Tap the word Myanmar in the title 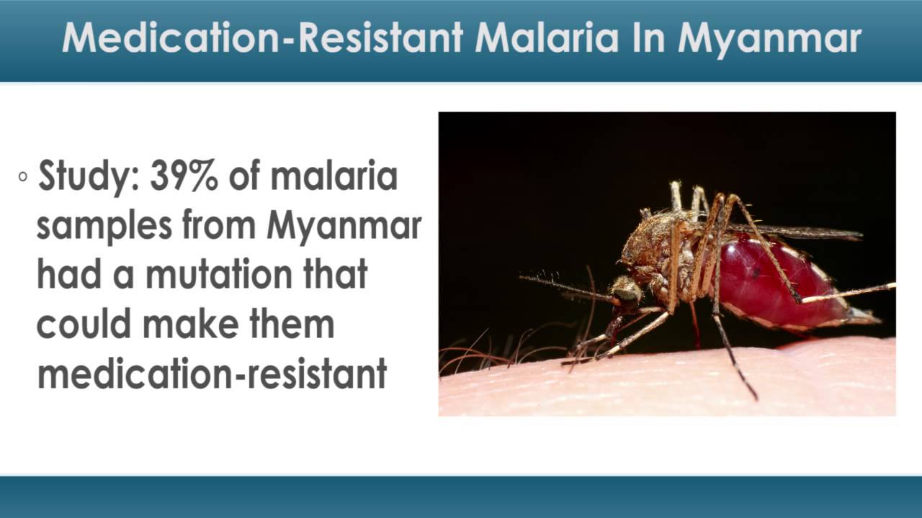[x=769, y=38]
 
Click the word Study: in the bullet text [x=88, y=177]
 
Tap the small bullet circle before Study [x=23, y=176]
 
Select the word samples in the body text [x=104, y=226]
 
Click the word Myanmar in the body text [x=344, y=226]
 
